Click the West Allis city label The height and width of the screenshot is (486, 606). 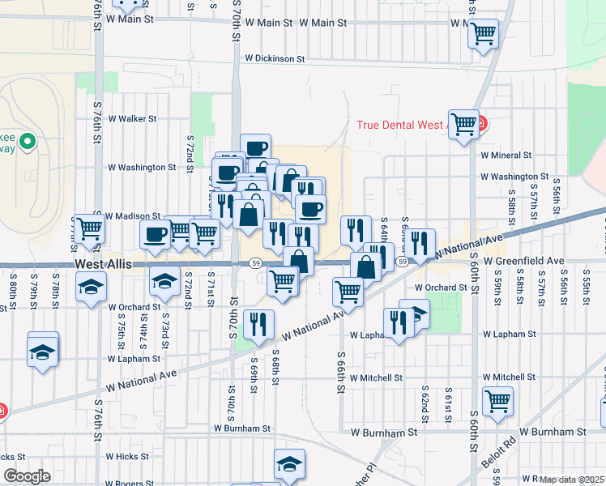tap(103, 265)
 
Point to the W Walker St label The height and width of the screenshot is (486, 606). tap(132, 118)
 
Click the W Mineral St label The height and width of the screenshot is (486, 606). tap(506, 155)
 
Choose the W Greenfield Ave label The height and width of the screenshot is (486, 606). tap(523, 262)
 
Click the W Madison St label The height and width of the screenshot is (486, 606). tap(134, 215)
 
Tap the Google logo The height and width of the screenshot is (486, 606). tap(26, 476)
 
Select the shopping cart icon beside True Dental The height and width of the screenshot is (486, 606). tap(464, 125)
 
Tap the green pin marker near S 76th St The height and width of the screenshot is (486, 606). tap(27, 143)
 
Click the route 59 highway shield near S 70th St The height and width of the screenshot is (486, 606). tap(255, 263)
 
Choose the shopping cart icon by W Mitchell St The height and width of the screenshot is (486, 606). tap(497, 399)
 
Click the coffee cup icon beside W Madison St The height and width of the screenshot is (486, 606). tap(155, 234)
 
